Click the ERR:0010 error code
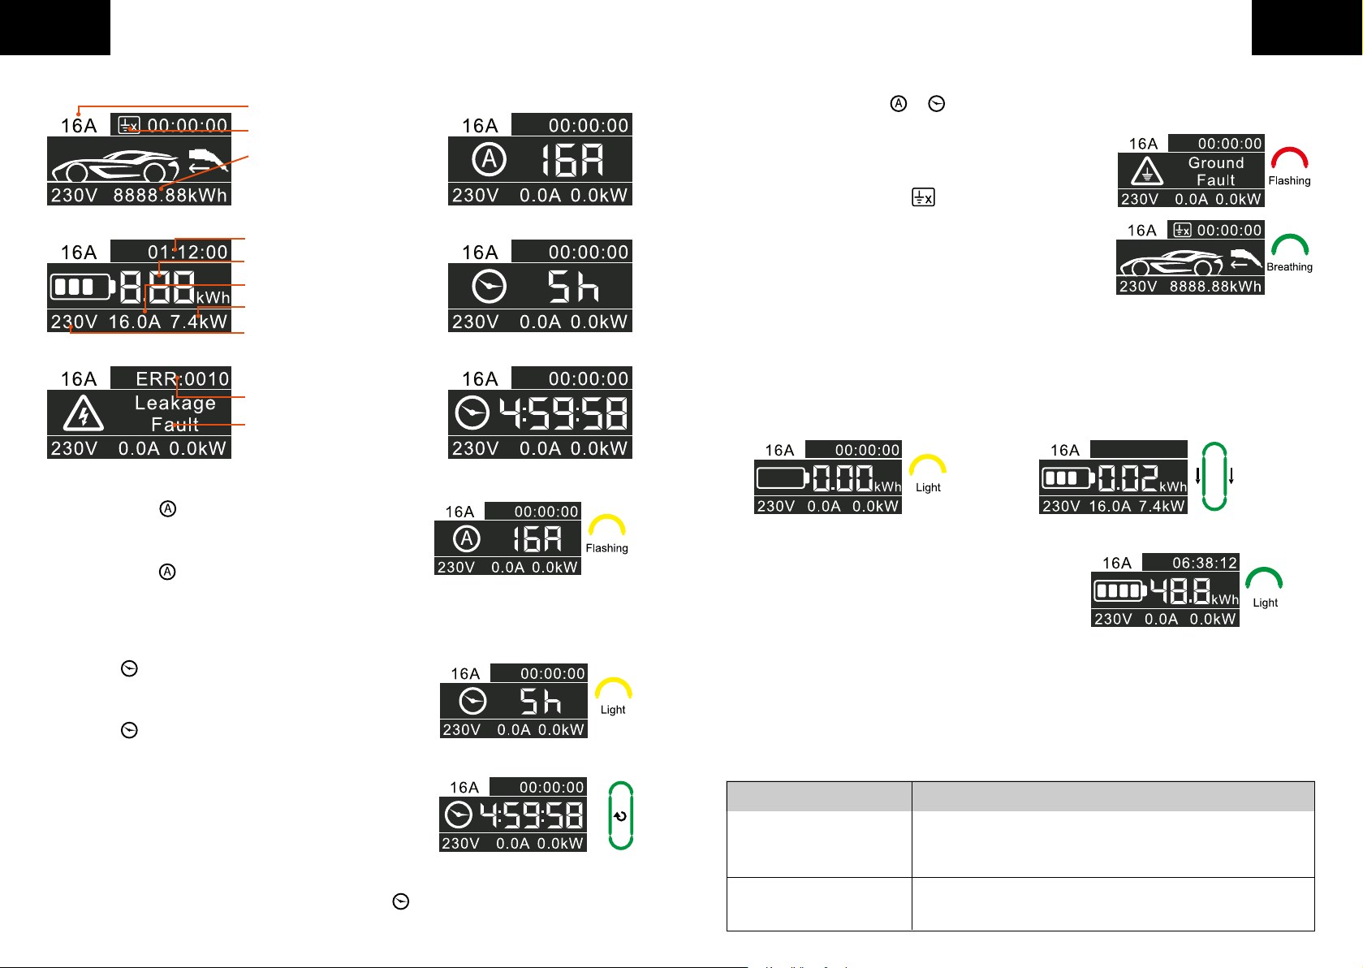click(x=182, y=378)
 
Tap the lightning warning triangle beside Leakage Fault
click(x=83, y=413)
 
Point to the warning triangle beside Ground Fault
click(x=1147, y=171)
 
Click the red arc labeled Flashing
click(x=1289, y=157)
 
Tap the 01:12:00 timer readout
click(x=188, y=252)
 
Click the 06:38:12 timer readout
click(x=1204, y=563)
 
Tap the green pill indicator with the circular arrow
click(x=621, y=815)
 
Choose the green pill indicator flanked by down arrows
click(x=1214, y=476)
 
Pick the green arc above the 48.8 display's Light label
click(x=1264, y=577)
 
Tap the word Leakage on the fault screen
click(x=175, y=403)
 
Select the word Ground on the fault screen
click(x=1216, y=162)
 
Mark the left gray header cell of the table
click(x=819, y=797)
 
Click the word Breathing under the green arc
click(x=1289, y=266)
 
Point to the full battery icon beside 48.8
click(x=1119, y=590)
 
